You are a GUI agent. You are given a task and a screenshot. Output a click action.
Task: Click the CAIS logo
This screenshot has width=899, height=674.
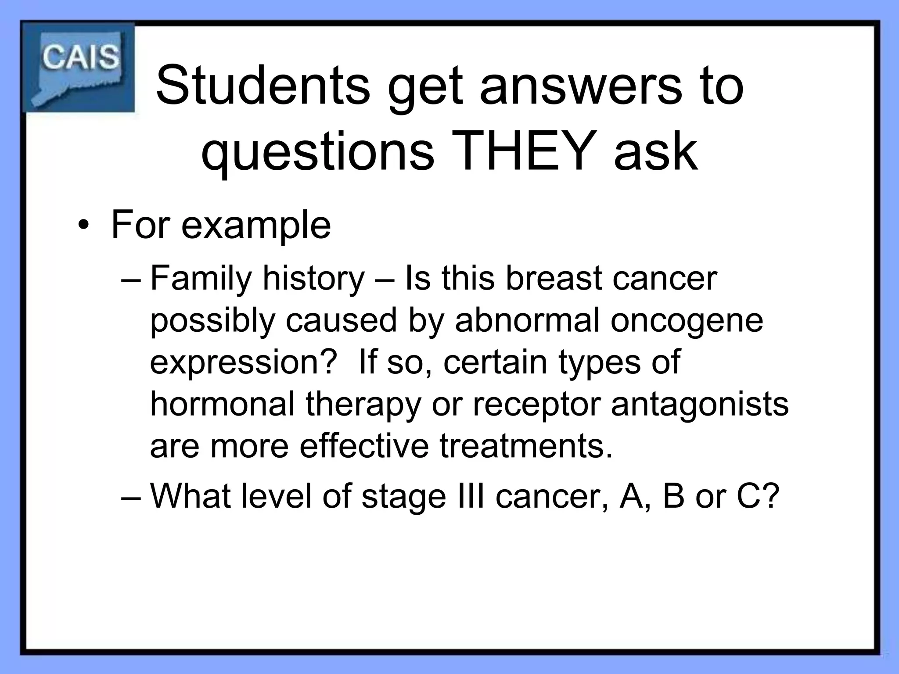click(x=79, y=67)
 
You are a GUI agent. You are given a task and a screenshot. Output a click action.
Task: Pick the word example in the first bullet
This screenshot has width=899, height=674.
click(x=256, y=226)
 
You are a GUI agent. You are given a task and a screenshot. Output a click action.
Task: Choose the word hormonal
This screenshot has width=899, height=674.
click(x=223, y=404)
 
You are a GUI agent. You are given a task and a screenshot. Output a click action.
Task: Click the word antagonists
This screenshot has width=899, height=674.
click(x=700, y=404)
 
